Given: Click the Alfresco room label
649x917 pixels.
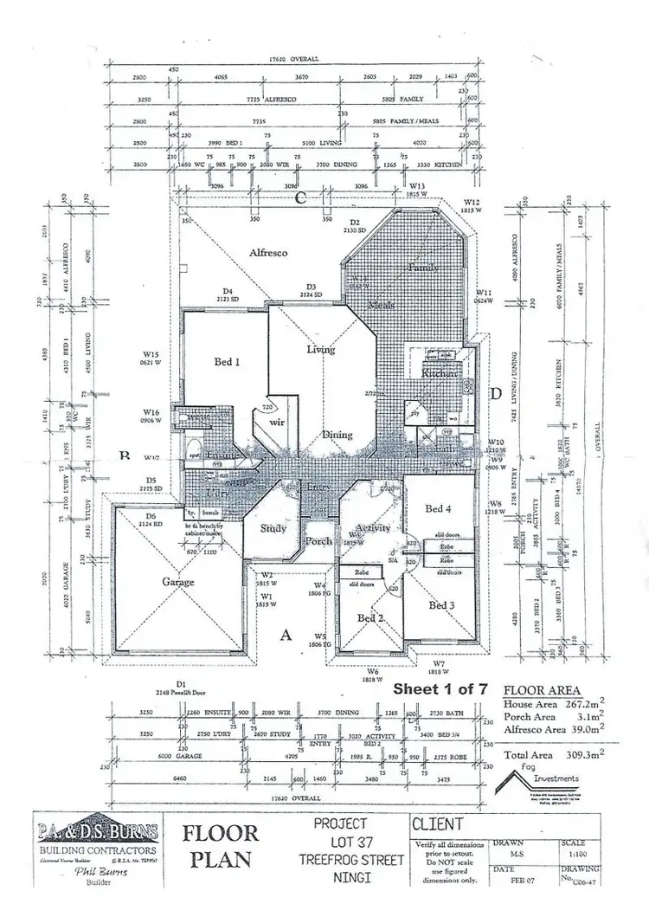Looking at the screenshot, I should [x=267, y=253].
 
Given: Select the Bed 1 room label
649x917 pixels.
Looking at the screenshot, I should [x=226, y=361].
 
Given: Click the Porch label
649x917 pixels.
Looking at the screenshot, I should [x=318, y=541].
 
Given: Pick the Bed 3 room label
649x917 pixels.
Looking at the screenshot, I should [x=441, y=605].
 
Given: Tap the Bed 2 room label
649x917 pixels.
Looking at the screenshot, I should [x=370, y=617].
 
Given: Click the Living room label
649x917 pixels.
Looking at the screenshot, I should [x=321, y=349].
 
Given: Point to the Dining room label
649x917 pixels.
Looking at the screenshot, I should [x=338, y=435].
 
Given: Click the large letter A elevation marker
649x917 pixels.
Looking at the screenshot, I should [x=284, y=635].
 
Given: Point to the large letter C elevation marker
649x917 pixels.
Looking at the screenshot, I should [x=301, y=197].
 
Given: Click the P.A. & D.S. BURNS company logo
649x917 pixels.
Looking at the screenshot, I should [x=97, y=834].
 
